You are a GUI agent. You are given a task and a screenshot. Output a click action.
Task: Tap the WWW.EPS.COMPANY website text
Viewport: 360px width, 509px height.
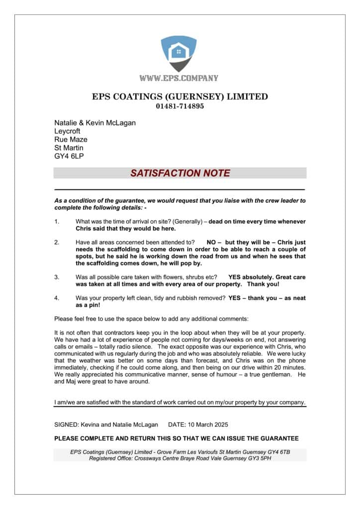[x=179, y=78]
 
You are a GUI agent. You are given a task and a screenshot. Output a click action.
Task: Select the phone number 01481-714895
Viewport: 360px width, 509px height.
[x=180, y=106]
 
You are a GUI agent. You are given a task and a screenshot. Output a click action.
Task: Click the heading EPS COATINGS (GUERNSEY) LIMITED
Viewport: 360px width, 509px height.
[x=180, y=96]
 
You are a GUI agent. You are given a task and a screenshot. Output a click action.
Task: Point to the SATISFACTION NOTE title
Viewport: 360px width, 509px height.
[x=180, y=173]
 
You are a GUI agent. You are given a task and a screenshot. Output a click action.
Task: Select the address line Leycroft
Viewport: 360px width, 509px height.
[x=67, y=131]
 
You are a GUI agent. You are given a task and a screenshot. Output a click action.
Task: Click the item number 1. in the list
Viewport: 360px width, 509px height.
[x=57, y=221]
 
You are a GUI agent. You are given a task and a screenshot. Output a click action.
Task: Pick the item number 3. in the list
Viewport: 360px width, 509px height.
[x=57, y=276]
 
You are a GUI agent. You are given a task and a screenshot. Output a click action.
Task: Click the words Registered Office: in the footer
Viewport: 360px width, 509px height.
[x=112, y=458]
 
